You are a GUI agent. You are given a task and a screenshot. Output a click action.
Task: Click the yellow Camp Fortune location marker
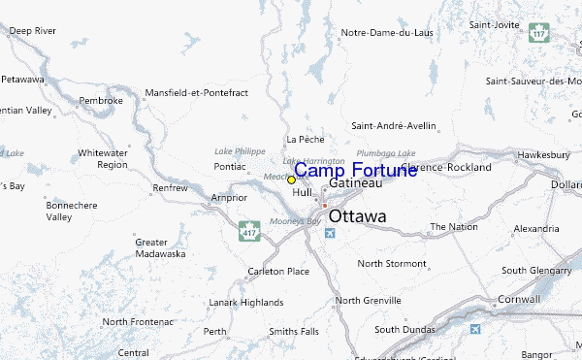coord(291,180)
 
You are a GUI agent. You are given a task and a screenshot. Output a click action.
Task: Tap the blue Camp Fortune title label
coord(356,169)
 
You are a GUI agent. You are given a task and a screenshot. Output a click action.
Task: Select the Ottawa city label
coord(357,216)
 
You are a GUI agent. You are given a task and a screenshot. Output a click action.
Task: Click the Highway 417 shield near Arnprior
coord(249,231)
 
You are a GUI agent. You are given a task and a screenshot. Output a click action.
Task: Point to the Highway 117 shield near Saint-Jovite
coord(540,32)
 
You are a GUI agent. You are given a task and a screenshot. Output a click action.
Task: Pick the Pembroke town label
coord(102,100)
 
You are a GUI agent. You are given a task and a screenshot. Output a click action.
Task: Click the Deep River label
coord(33,31)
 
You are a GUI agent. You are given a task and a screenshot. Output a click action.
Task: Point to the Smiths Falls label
coord(295,332)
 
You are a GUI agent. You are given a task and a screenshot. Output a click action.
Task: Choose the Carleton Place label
coord(278,271)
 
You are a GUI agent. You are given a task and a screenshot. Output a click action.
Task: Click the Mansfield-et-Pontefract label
coord(197,92)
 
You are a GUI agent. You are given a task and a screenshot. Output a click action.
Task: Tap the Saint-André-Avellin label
coord(394,125)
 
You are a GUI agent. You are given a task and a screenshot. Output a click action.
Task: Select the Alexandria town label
coord(536,228)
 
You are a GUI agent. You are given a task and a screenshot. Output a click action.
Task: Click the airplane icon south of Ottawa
coord(332,234)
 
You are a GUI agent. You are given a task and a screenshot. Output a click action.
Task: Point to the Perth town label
coord(215,332)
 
